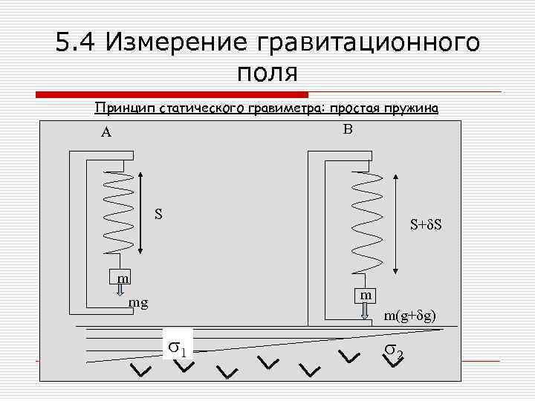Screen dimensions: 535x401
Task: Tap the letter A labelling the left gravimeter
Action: (x=106, y=133)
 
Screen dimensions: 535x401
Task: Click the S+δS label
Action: (x=427, y=224)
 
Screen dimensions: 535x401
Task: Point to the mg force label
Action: (x=138, y=303)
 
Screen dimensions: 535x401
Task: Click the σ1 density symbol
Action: (x=178, y=345)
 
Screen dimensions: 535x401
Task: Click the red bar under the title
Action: (x=172, y=94)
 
